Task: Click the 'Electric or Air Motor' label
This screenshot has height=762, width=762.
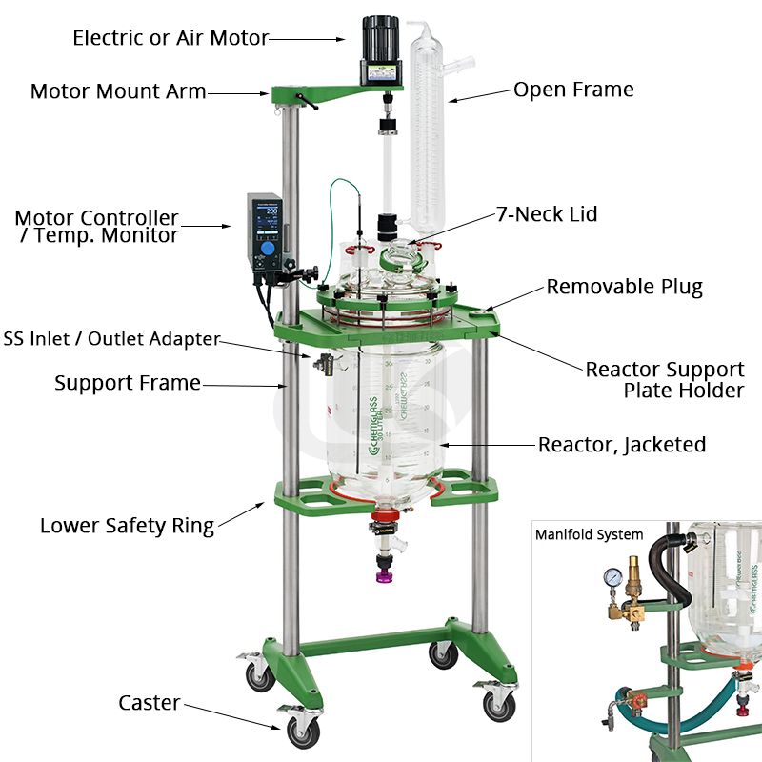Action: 170,38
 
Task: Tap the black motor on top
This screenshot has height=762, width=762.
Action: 380,50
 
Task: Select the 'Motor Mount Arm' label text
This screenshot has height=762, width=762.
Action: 118,90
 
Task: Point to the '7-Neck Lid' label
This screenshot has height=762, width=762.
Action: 547,213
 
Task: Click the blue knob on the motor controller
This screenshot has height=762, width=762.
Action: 268,250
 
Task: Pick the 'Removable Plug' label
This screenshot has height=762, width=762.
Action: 625,287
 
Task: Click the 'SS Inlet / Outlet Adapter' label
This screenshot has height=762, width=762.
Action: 111,338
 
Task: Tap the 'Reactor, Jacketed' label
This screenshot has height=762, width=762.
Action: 622,445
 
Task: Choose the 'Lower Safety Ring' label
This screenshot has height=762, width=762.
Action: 128,526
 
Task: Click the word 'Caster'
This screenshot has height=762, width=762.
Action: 150,703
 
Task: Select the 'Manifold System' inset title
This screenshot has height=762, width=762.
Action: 589,534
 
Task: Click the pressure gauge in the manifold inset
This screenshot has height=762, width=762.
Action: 613,578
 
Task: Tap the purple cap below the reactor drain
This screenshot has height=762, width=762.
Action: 384,577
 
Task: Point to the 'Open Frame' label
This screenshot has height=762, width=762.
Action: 573,90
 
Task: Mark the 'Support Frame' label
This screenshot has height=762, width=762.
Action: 128,383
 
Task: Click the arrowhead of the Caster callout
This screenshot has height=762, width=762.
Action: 278,728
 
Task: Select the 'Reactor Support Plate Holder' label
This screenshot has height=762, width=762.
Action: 665,379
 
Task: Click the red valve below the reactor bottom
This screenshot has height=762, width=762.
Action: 387,516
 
